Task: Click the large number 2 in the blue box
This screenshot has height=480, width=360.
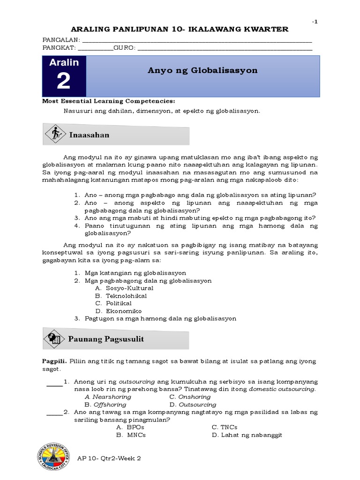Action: pos(63,82)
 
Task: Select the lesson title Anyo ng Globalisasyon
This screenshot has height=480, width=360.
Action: pos(202,71)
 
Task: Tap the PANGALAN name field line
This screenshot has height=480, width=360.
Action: pos(197,41)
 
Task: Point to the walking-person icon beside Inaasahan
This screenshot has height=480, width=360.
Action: pos(56,134)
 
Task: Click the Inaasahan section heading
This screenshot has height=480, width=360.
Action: pos(89,135)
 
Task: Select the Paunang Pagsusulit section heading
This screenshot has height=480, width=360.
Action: pos(106,338)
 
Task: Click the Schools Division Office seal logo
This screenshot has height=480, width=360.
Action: pos(52,457)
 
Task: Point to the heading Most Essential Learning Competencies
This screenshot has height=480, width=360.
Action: pos(109,101)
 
